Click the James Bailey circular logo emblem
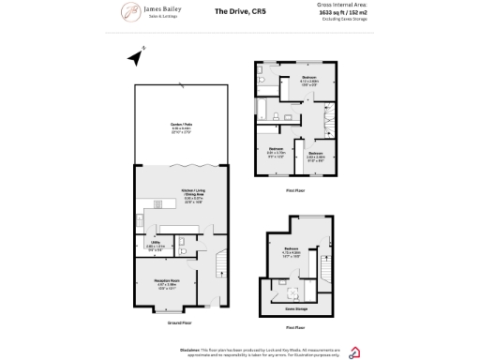131,13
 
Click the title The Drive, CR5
236,12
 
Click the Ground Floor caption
179,322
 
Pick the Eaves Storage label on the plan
297,307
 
